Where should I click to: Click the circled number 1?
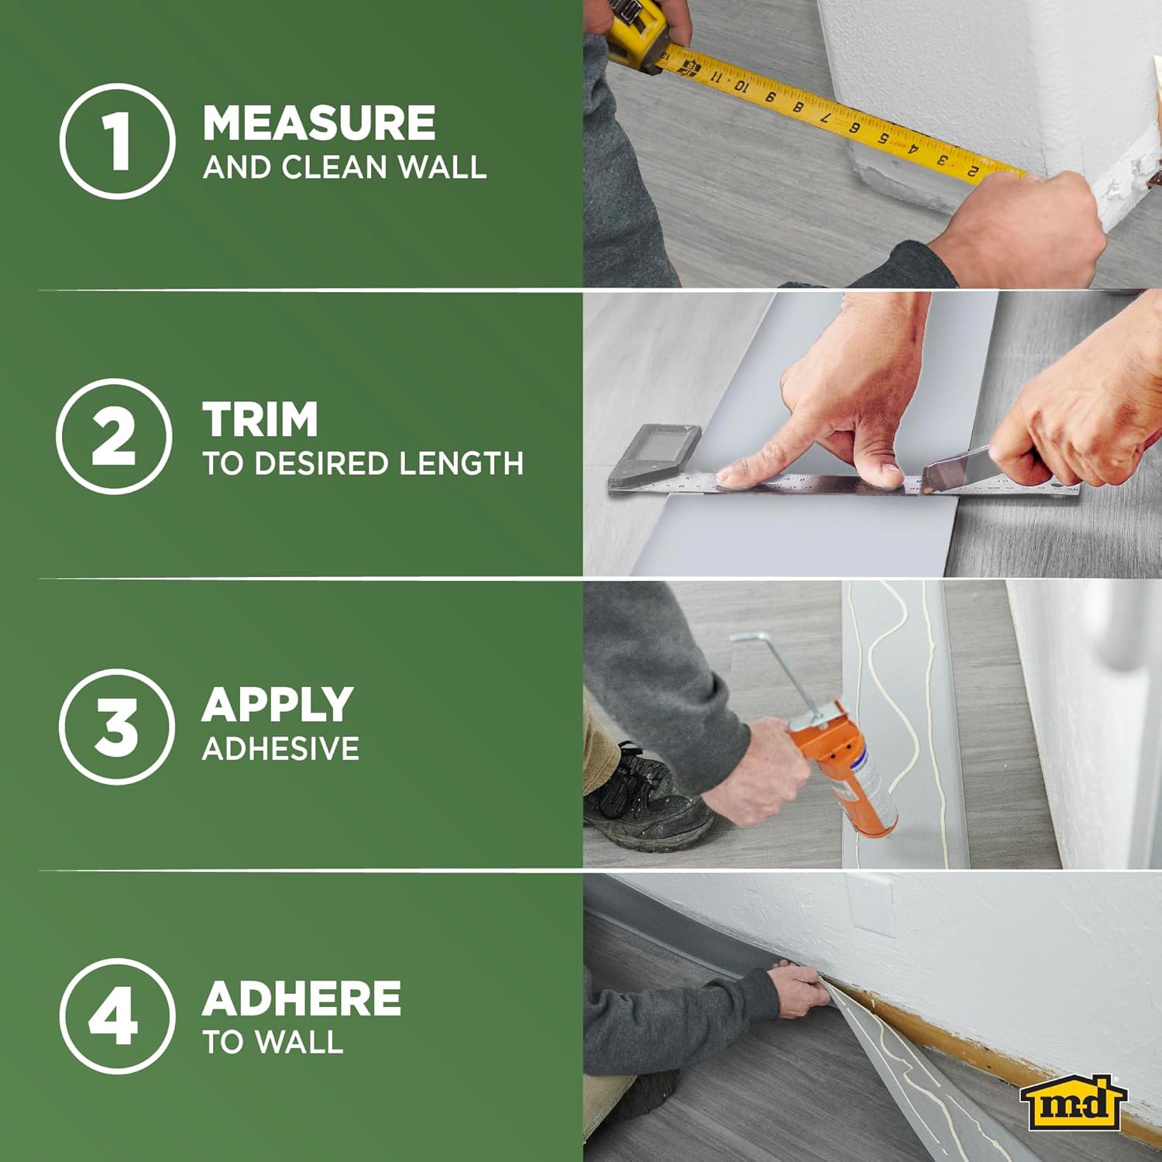tap(117, 142)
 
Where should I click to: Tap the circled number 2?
tap(114, 436)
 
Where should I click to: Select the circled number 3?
tap(116, 727)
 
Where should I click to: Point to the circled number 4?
tap(114, 1016)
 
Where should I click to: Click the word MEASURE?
tap(318, 123)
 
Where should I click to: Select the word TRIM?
tap(260, 420)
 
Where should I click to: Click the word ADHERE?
tap(301, 999)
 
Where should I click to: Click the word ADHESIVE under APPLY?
tap(280, 748)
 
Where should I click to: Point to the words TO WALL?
tap(273, 1042)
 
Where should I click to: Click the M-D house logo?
tap(1072, 1103)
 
